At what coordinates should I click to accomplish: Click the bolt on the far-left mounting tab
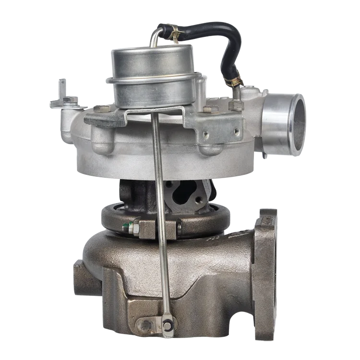coord(70,100)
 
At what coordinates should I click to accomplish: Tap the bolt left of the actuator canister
coord(101,108)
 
